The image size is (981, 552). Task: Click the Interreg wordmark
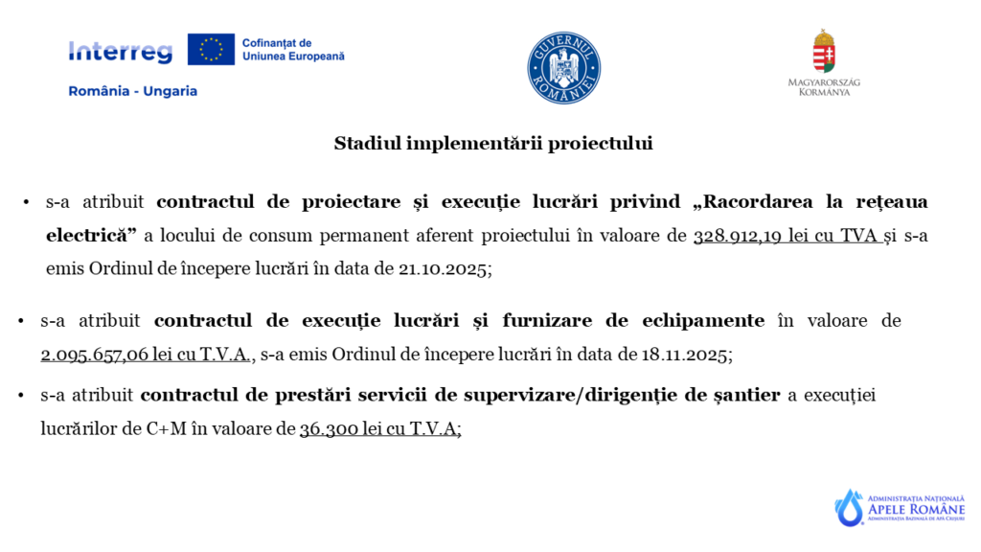tap(120, 52)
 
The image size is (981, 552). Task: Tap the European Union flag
tap(211, 49)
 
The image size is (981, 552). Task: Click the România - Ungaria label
tap(132, 91)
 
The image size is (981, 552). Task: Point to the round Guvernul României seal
tap(563, 68)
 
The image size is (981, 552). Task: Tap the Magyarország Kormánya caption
tap(824, 87)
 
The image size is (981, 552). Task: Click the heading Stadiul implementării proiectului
tap(493, 144)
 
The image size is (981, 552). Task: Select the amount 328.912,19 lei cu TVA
tap(786, 235)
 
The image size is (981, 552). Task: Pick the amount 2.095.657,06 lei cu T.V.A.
tap(146, 355)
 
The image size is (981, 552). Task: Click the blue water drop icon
tap(849, 508)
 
